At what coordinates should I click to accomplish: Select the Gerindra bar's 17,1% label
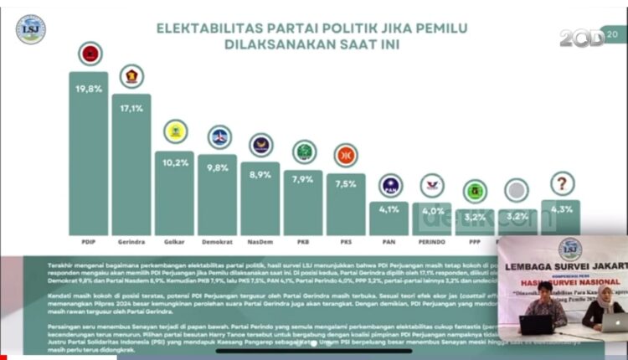click(131, 108)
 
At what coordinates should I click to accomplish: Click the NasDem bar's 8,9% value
click(261, 174)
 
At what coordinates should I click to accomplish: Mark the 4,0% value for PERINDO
click(432, 210)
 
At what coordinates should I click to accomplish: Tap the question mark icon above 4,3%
click(560, 184)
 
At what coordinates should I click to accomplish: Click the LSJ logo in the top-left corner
click(31, 30)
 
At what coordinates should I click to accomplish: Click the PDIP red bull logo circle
click(90, 54)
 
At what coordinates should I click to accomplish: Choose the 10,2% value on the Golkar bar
click(175, 162)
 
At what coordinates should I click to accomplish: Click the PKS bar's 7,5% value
click(346, 186)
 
